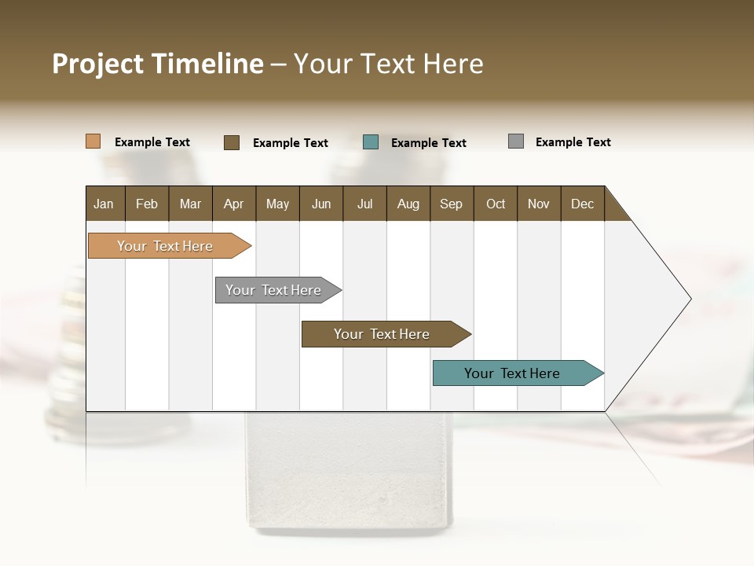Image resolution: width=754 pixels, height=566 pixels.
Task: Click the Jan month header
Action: (104, 204)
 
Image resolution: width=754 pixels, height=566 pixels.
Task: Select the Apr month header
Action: (233, 204)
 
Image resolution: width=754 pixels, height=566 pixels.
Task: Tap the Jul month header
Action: (364, 204)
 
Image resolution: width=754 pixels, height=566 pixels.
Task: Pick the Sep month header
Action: (451, 204)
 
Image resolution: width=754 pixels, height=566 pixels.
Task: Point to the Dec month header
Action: (582, 204)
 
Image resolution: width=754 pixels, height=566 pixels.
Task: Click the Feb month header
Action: (147, 204)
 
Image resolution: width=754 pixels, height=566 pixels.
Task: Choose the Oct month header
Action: (496, 204)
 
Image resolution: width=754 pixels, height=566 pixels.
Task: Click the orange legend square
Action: (93, 141)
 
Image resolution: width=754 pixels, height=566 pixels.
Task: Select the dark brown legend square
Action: (232, 142)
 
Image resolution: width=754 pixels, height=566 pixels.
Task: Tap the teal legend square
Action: (371, 142)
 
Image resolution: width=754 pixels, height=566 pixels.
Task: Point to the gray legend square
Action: (516, 141)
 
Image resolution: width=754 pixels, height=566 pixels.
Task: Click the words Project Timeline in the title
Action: (158, 64)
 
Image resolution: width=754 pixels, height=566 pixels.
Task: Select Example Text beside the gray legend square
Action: (573, 142)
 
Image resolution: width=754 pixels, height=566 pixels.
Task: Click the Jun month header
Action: (321, 204)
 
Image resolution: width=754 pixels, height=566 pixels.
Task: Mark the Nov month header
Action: (539, 204)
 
